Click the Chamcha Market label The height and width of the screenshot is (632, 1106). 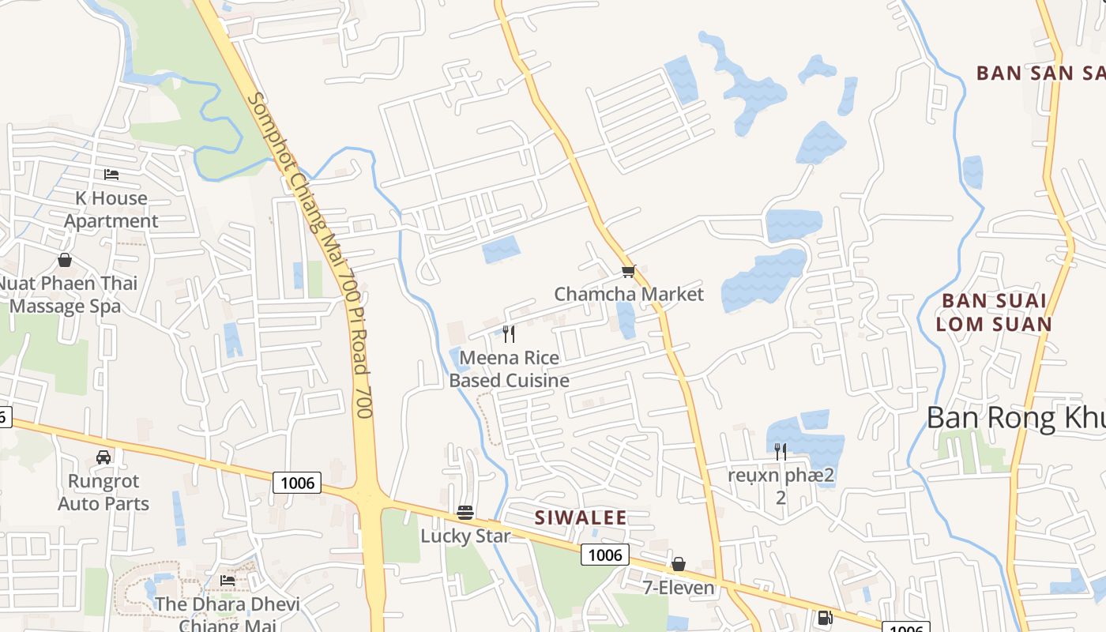pos(628,294)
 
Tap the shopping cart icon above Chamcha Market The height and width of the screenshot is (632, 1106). pos(628,271)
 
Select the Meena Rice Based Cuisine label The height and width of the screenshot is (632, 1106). pos(509,369)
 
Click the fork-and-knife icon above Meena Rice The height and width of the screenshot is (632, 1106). pos(509,334)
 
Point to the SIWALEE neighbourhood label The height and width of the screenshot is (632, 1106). pos(581,518)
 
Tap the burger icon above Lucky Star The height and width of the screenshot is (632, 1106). pos(465,513)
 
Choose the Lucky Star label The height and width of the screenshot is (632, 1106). pos(465,536)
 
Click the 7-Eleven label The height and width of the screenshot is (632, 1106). pos(678,588)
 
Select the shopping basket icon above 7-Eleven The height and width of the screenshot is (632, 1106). pos(678,564)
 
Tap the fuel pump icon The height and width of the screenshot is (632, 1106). pos(824,618)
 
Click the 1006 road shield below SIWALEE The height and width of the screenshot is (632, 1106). pos(605,555)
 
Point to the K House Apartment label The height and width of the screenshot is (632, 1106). pos(111,209)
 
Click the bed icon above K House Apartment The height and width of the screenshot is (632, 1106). pos(111,174)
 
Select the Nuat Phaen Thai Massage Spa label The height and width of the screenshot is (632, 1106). pos(67,295)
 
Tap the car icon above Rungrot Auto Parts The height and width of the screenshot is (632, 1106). pos(103,457)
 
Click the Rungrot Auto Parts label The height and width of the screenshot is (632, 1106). pos(103,492)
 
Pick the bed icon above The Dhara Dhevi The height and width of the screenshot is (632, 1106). pos(228,581)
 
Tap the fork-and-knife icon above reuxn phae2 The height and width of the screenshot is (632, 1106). pos(781,451)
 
